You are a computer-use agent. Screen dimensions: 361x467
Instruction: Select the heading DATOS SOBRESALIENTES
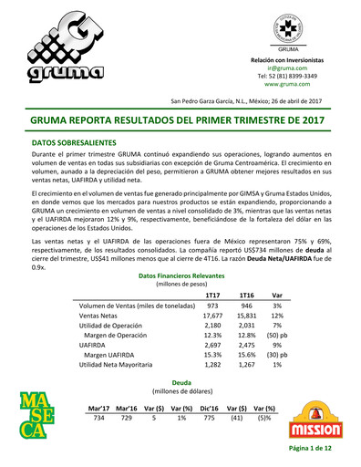pyautogui.click(x=74, y=143)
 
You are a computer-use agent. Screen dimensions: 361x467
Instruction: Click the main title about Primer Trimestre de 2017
pyautogui.click(x=180, y=119)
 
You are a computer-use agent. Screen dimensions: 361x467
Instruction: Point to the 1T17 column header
pyautogui.click(x=212, y=295)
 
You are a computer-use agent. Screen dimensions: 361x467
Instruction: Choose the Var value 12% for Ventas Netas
pyautogui.click(x=277, y=318)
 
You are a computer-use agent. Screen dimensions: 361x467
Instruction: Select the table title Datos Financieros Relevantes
pyautogui.click(x=180, y=275)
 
